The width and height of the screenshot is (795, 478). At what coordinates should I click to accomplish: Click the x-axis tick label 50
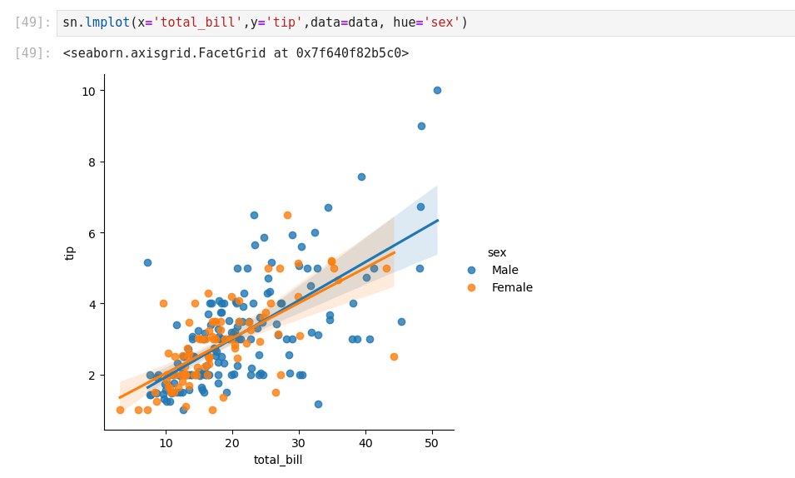432,442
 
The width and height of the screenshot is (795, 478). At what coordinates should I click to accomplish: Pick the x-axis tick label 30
299,442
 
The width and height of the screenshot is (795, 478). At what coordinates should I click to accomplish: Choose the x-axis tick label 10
166,442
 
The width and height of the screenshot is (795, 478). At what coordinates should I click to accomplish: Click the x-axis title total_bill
278,460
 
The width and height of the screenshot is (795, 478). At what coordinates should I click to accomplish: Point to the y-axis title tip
70,252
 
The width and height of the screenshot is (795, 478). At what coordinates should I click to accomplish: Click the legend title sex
497,252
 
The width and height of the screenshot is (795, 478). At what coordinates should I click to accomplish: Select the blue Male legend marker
471,270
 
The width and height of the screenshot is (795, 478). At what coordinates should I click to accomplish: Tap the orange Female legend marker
471,287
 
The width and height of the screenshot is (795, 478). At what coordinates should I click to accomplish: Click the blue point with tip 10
437,90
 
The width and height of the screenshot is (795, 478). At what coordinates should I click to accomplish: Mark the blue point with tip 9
421,126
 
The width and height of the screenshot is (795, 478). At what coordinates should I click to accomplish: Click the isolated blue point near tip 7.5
361,177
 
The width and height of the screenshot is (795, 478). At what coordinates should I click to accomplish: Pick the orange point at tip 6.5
287,215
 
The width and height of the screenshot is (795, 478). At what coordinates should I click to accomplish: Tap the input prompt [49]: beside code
32,22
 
